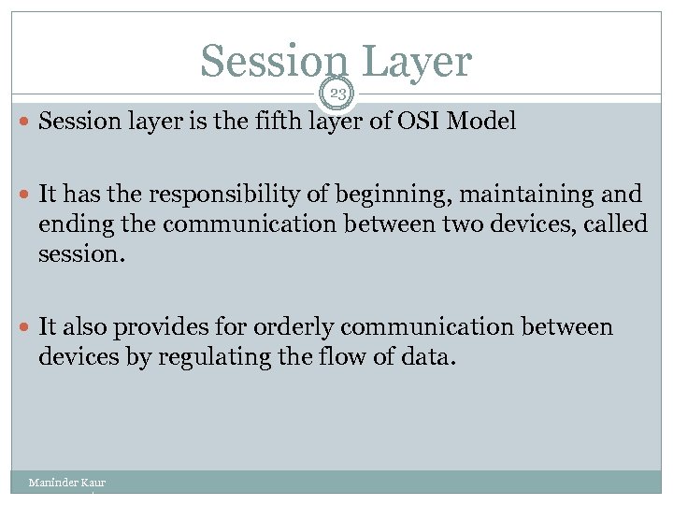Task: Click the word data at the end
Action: coord(431,358)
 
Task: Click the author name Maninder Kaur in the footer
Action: coord(66,483)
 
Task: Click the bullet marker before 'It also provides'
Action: coord(25,327)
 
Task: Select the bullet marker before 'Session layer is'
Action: coord(25,123)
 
